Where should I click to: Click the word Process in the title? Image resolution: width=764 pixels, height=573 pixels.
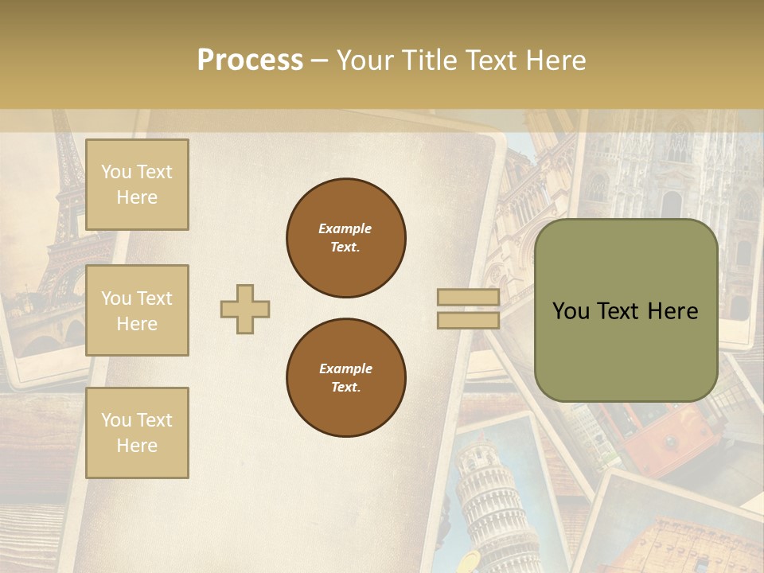[x=250, y=60]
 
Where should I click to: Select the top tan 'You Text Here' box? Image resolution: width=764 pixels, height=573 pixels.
[x=137, y=185]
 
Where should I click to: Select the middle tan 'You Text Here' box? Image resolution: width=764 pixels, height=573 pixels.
[x=137, y=310]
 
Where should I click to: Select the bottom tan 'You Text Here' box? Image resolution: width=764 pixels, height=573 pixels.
[x=137, y=432]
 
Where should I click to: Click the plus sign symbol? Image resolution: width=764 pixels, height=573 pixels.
[x=245, y=309]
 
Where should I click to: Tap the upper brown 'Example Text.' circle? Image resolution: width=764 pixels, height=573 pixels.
[x=346, y=238]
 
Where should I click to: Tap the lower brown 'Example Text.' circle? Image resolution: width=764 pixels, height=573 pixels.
[x=346, y=378]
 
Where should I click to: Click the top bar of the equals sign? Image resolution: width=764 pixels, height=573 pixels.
[x=468, y=298]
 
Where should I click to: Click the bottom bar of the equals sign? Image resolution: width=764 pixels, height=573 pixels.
[x=468, y=320]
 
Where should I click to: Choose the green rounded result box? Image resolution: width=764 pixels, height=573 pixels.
[x=626, y=310]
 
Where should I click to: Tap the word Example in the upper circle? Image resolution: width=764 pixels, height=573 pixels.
[x=345, y=229]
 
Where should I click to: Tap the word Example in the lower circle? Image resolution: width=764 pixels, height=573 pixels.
[x=345, y=369]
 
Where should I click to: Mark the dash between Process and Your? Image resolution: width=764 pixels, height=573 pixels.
[x=319, y=60]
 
